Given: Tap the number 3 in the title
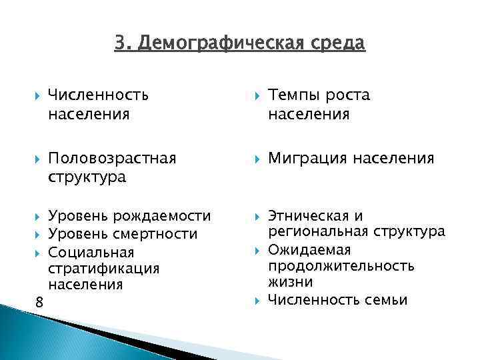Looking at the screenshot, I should pyautogui.click(x=119, y=43).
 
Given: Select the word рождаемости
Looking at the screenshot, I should pyautogui.click(x=161, y=216).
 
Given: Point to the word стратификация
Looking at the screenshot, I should pyautogui.click(x=103, y=269).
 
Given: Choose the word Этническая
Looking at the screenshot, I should pyautogui.click(x=308, y=216).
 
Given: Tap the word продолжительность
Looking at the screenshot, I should pyautogui.click(x=341, y=266).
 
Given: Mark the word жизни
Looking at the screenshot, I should pyautogui.click(x=287, y=283).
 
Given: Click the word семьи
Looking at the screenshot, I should pyautogui.click(x=386, y=300).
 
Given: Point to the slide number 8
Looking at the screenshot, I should pyautogui.click(x=39, y=303).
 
